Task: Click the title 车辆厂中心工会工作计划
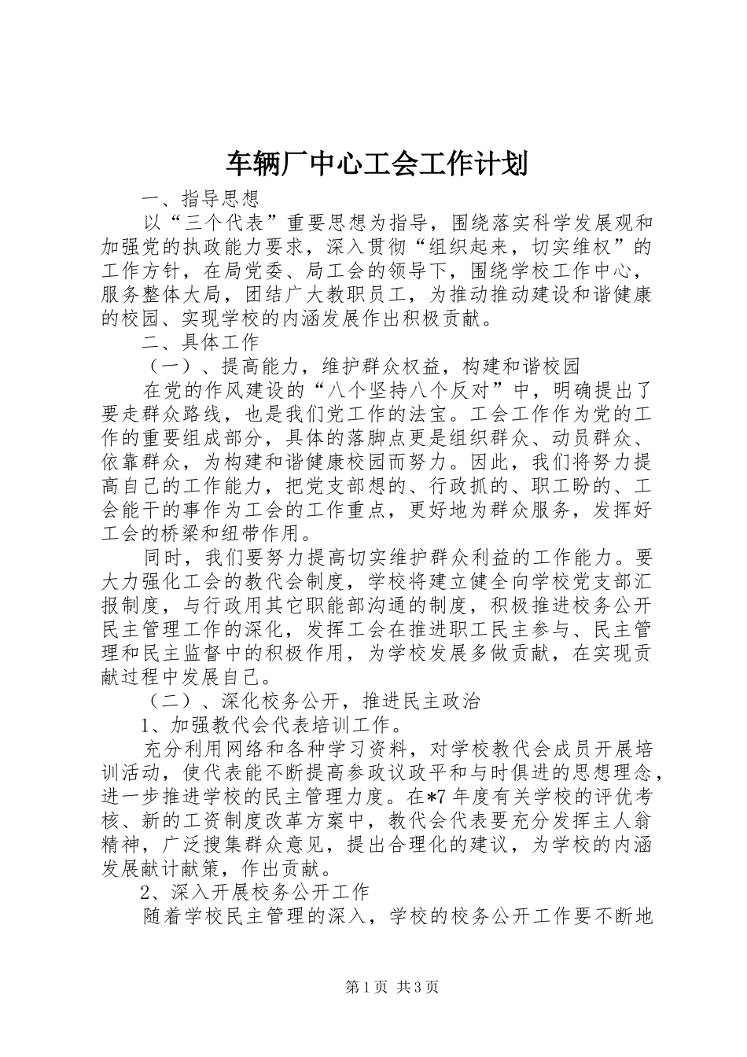373,164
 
